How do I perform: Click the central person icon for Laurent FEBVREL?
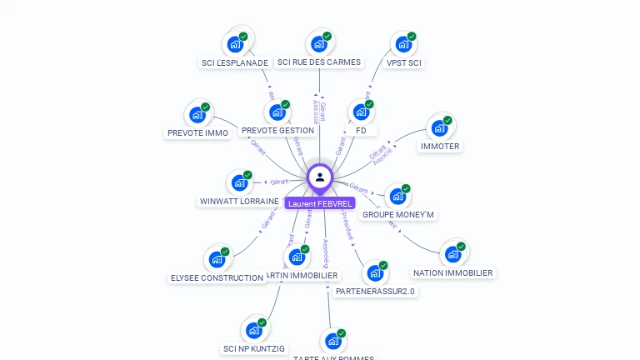pyautogui.click(x=320, y=177)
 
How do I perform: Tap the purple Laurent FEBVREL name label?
pyautogui.click(x=320, y=203)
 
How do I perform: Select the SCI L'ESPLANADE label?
pyautogui.click(x=235, y=62)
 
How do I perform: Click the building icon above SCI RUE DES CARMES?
pyautogui.click(x=318, y=44)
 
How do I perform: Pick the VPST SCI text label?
pyautogui.click(x=404, y=62)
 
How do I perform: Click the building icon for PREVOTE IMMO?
pyautogui.click(x=197, y=115)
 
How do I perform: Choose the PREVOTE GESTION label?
pyautogui.click(x=277, y=131)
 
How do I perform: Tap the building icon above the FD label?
pyautogui.click(x=360, y=112)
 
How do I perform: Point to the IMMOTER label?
pyautogui.click(x=440, y=147)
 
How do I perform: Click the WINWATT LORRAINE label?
pyautogui.click(x=239, y=202)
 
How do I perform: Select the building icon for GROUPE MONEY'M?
pyautogui.click(x=397, y=197)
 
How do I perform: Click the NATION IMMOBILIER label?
pyautogui.click(x=452, y=273)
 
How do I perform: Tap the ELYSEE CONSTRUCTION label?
pyautogui.click(x=217, y=278)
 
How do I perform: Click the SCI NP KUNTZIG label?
pyautogui.click(x=254, y=349)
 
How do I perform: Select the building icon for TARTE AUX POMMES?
pyautogui.click(x=332, y=341)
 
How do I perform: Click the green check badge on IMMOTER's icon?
pyautogui.click(x=447, y=121)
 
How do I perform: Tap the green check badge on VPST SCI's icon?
pyautogui.click(x=412, y=37)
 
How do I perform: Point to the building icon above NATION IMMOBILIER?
pyautogui.click(x=452, y=254)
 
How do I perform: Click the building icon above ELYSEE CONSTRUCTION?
pyautogui.click(x=217, y=259)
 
